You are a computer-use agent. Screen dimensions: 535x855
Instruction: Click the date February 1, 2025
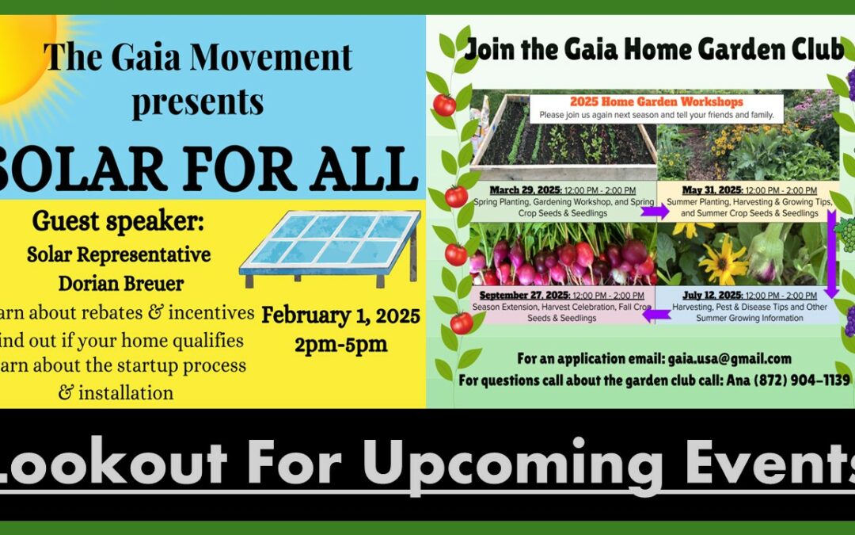coord(341,318)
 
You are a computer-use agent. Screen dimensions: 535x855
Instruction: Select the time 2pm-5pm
coord(341,345)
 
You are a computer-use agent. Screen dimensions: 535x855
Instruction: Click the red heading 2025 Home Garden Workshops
coord(656,102)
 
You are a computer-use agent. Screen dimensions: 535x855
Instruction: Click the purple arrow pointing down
coord(832,254)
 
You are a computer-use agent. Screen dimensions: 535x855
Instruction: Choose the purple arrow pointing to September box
coord(656,315)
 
